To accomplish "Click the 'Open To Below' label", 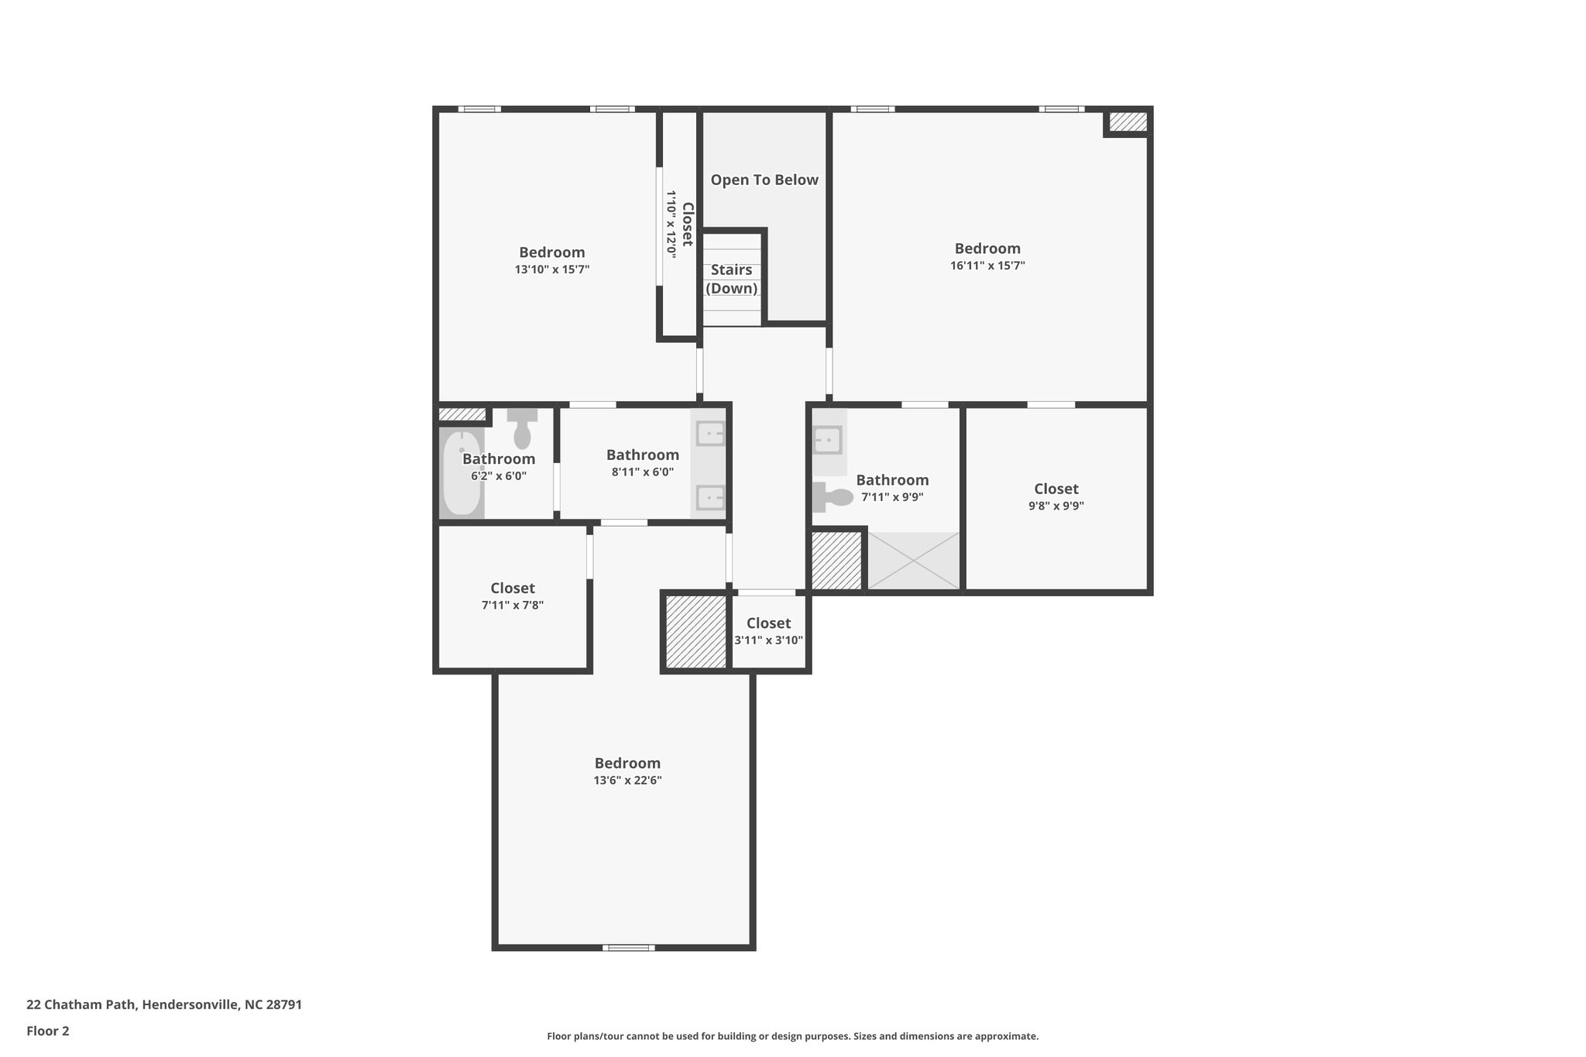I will coord(764,180).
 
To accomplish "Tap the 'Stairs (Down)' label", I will coord(731,279).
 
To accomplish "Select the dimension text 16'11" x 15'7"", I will coord(987,266).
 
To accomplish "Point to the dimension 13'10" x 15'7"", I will coord(552,269).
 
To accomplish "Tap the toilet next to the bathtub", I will coord(522,428).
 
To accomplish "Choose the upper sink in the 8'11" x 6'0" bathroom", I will coord(709,434).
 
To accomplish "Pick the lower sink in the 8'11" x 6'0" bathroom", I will coord(709,497).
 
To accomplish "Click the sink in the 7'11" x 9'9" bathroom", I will coord(827,440).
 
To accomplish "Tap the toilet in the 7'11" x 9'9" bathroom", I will coord(832,496).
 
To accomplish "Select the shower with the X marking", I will coord(913,560).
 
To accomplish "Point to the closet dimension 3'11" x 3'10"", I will coord(768,640).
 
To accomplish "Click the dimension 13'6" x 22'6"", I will coord(627,781).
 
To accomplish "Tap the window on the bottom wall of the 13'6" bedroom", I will coord(628,947).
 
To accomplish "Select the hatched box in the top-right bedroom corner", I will coord(1128,122).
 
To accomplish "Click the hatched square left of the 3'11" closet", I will coord(695,631).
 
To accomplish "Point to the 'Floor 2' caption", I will coord(48,1031).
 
